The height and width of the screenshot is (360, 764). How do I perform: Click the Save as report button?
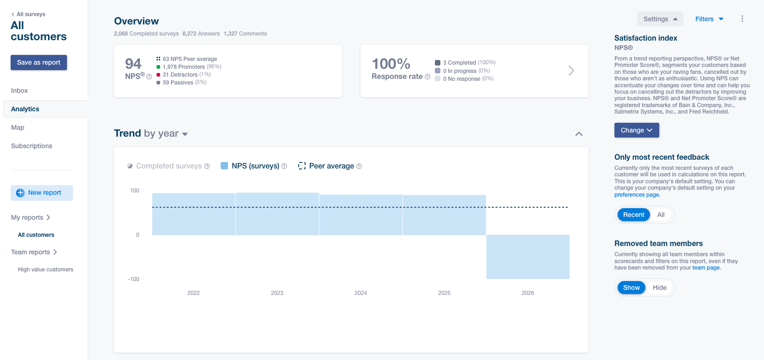(x=39, y=62)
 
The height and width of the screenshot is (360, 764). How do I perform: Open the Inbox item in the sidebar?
(x=19, y=90)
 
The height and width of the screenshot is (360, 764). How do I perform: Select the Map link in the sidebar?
(x=18, y=127)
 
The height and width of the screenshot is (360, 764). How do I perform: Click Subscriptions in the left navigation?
(x=31, y=146)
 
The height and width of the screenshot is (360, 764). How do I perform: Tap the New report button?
(x=42, y=193)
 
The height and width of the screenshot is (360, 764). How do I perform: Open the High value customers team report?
(x=46, y=270)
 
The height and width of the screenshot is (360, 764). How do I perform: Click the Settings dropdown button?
(x=660, y=19)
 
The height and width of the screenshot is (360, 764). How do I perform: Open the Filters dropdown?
(x=709, y=19)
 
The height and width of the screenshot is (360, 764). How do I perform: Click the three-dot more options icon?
(x=742, y=19)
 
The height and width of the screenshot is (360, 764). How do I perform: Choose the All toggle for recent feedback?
(x=661, y=215)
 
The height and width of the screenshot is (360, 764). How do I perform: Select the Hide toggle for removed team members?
(x=660, y=288)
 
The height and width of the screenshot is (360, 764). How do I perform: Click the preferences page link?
(x=637, y=195)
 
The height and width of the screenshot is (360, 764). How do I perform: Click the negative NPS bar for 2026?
(x=528, y=257)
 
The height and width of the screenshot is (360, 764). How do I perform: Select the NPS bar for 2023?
(x=277, y=214)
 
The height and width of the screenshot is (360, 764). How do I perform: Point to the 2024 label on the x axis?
(x=361, y=293)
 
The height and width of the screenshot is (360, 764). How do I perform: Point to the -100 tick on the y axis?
(x=133, y=279)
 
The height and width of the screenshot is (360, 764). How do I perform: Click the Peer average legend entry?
(x=330, y=166)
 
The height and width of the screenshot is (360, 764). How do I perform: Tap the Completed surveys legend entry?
(x=168, y=166)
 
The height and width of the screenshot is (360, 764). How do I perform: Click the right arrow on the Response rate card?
(x=571, y=71)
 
